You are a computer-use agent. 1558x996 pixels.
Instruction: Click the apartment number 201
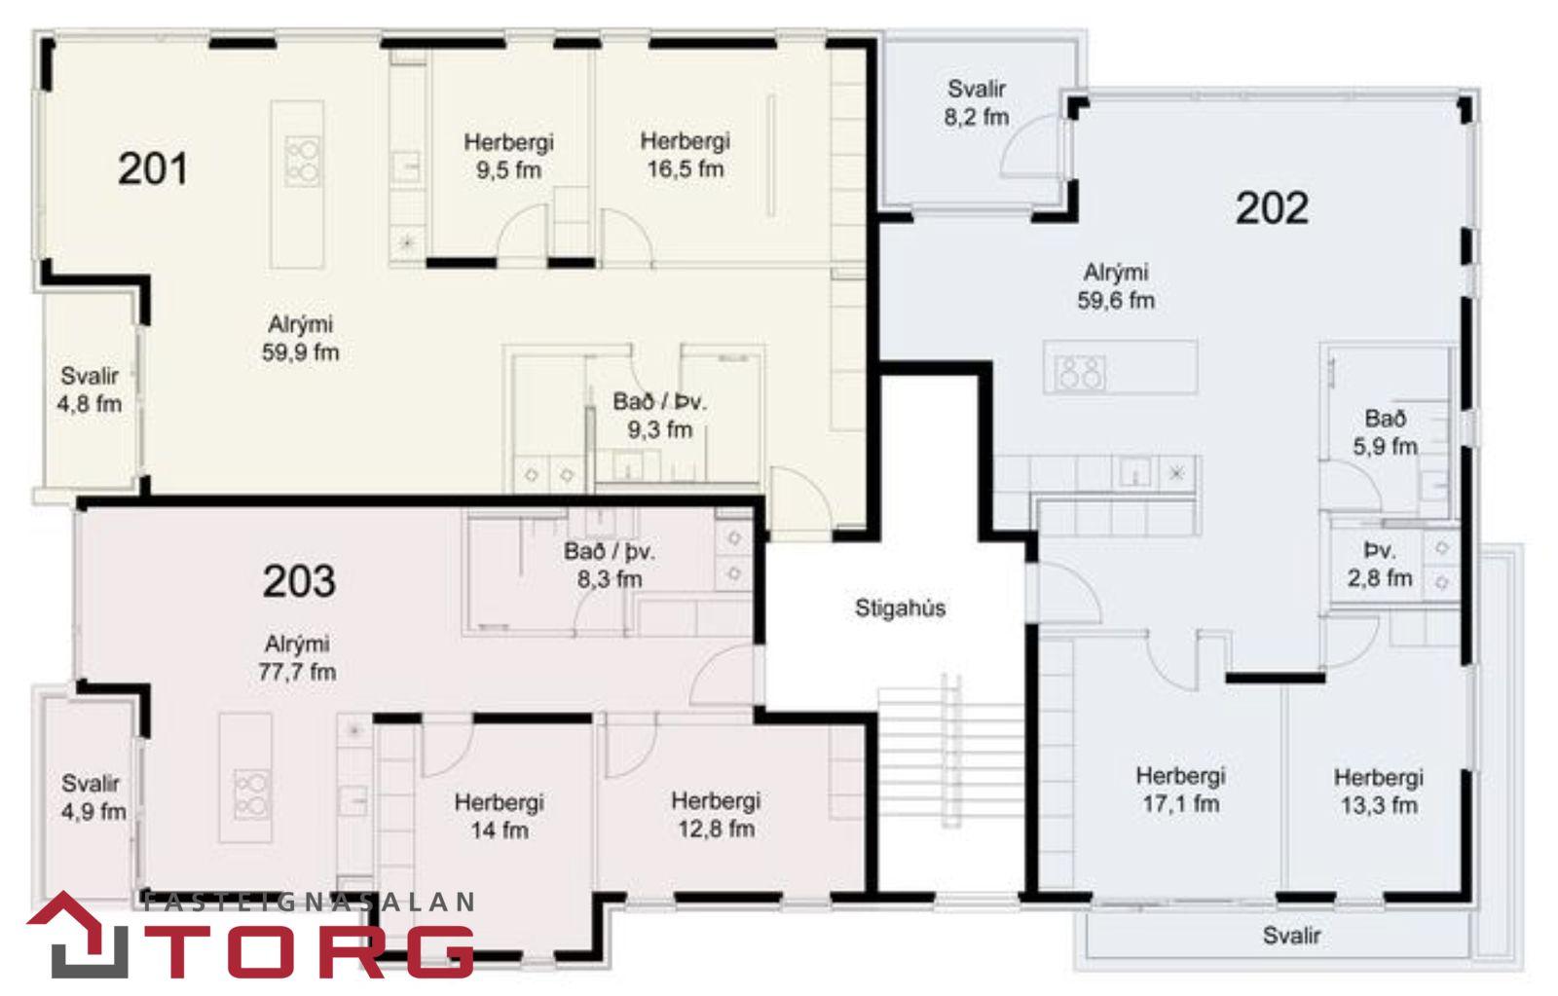(153, 169)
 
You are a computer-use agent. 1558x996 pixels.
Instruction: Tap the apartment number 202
(1272, 208)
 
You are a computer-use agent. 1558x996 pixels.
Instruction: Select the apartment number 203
(299, 581)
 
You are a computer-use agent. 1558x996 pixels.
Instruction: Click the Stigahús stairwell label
(900, 609)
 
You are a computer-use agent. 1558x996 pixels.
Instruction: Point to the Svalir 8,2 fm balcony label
(977, 103)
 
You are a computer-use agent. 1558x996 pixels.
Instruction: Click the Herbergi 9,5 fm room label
(508, 156)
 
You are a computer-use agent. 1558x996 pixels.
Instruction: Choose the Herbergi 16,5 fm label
(686, 155)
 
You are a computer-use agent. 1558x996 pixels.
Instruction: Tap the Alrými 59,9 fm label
(301, 338)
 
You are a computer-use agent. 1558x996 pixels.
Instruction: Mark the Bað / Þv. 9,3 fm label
(659, 415)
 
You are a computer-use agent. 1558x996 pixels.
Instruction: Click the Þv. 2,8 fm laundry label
(1380, 564)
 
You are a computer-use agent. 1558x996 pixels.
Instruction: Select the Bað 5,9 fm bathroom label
(1385, 432)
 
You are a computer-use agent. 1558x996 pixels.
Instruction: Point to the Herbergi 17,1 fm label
(1180, 790)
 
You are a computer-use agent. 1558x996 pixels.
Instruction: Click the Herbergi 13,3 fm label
(1379, 791)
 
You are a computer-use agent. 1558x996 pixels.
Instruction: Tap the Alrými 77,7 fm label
(297, 658)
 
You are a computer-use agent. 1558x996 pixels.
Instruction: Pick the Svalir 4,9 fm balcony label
(93, 797)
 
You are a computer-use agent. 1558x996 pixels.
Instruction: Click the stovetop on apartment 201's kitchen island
(303, 162)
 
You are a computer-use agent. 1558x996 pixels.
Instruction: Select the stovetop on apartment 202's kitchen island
(1079, 372)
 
